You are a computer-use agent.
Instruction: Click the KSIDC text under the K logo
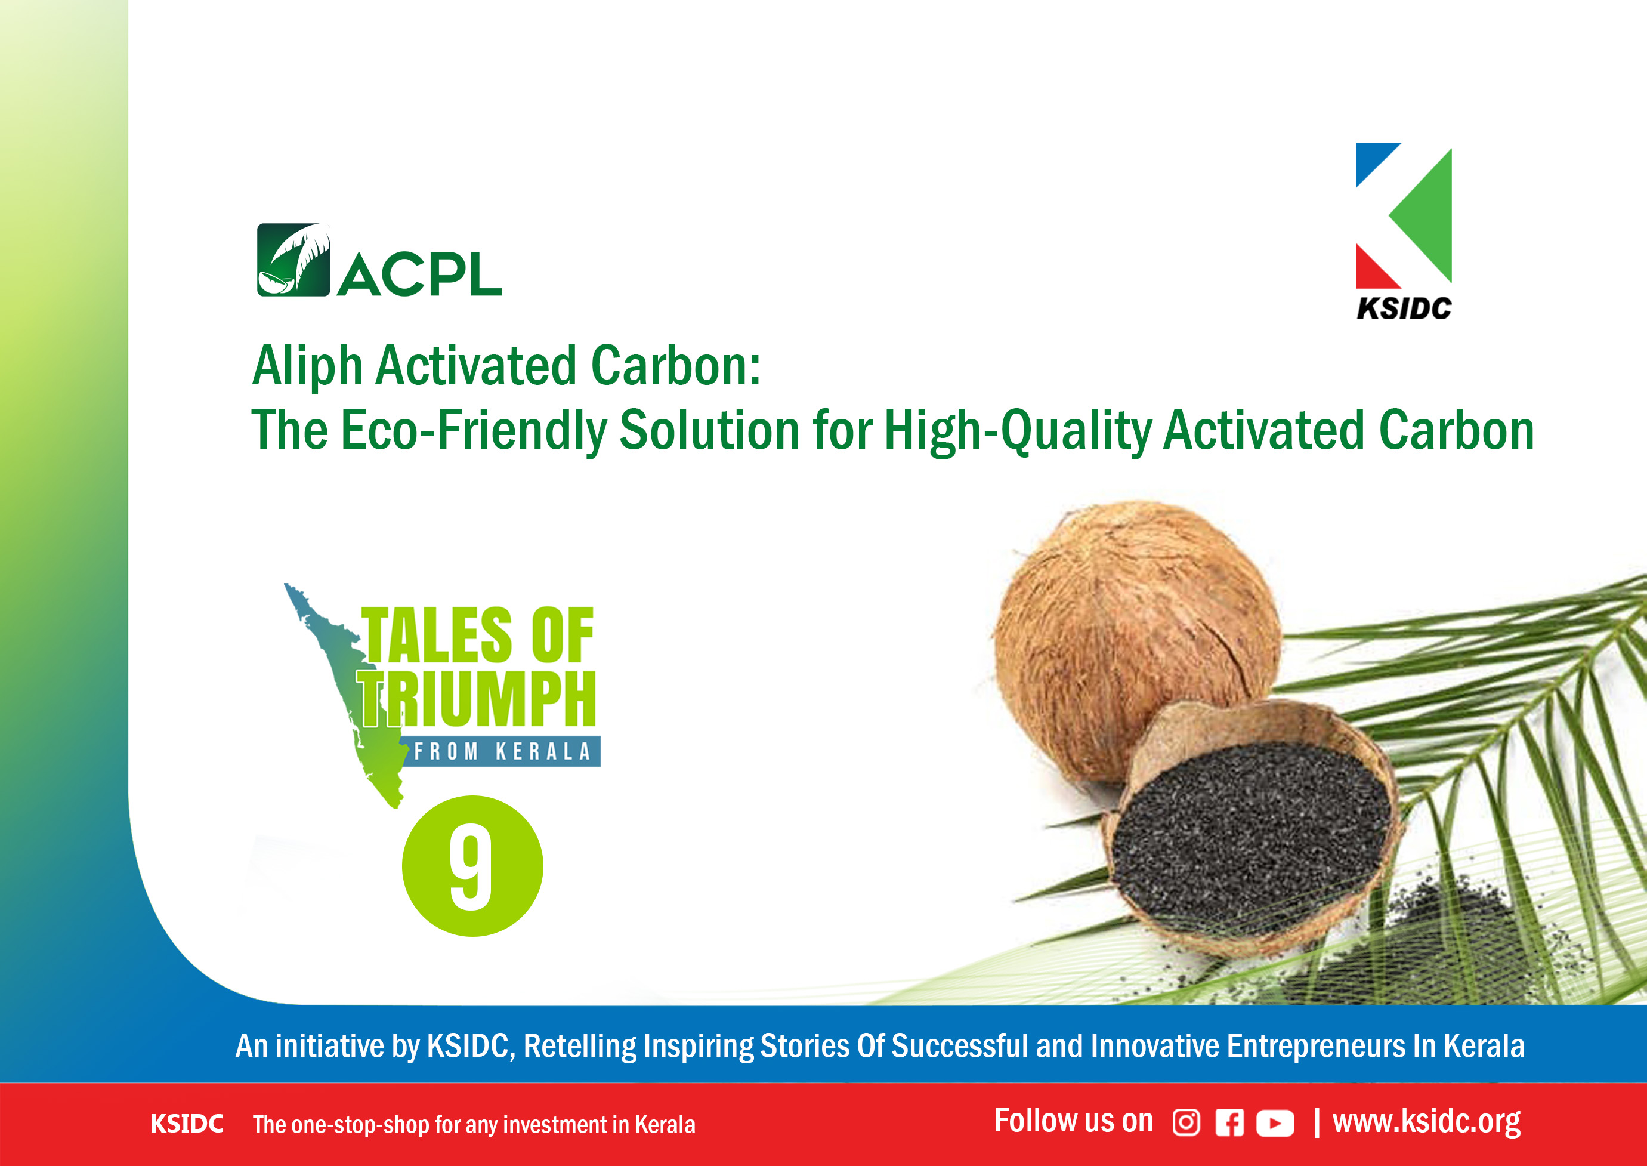(x=1404, y=309)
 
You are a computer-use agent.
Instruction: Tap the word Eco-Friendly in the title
(x=473, y=431)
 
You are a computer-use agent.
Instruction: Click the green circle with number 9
(x=472, y=866)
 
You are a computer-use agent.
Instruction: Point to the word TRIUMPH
(x=477, y=699)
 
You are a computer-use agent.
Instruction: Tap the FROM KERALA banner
(x=502, y=752)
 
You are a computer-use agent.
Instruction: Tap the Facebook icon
(x=1229, y=1123)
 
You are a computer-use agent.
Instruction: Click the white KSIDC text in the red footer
(x=187, y=1124)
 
